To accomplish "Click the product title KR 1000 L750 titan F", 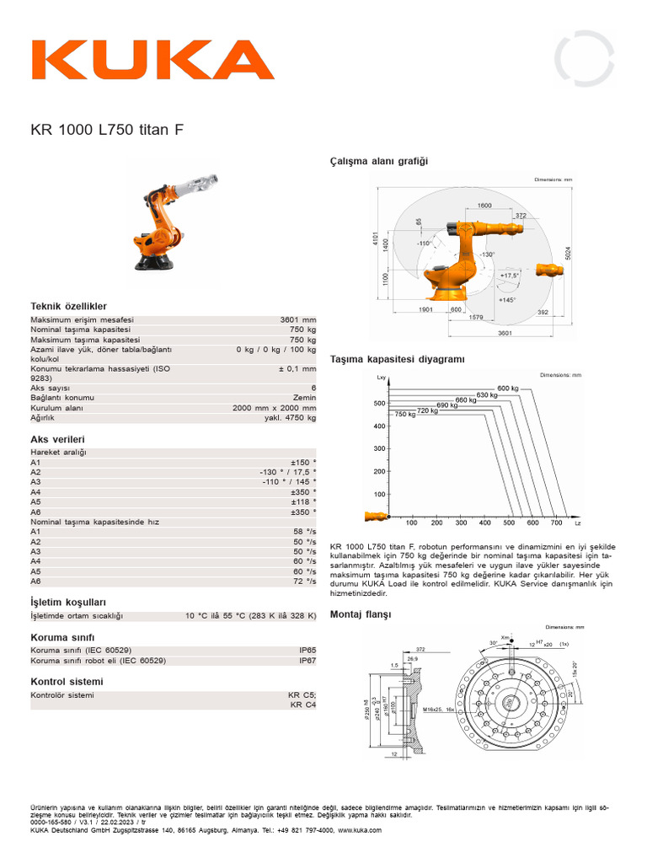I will click(x=106, y=130).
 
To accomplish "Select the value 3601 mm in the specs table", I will click(x=298, y=320).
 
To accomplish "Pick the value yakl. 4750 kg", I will click(x=289, y=417).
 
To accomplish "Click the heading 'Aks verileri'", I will click(x=57, y=439).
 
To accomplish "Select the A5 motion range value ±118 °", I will click(x=303, y=501).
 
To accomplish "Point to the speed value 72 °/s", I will click(x=304, y=582).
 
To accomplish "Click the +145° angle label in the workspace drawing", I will click(x=506, y=300).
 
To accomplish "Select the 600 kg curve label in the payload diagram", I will click(x=507, y=388).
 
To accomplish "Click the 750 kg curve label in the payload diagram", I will click(x=405, y=415).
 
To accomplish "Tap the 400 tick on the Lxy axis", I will click(x=379, y=426).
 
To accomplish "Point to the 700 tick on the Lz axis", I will click(x=556, y=523).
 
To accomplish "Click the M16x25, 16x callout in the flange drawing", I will click(x=438, y=710).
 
